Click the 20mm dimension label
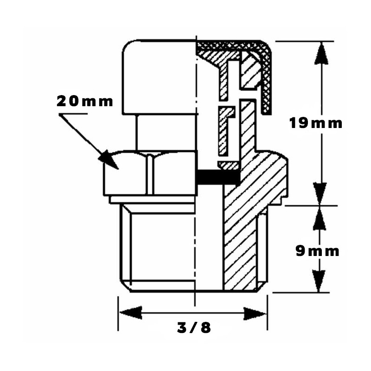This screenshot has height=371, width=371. pos(85,101)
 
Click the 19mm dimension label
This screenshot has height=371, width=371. pos(316,123)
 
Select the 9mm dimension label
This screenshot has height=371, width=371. pos(317,251)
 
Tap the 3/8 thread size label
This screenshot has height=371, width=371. pos(194,328)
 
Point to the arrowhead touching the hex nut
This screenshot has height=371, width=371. pos(109,160)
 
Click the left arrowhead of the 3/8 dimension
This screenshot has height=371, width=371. pos(131,313)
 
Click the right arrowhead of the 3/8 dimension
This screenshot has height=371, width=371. pos(255,313)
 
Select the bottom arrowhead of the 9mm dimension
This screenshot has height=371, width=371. pos(319,281)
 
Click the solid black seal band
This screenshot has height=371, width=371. pos(217,177)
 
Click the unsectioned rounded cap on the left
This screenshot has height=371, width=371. pos(159,77)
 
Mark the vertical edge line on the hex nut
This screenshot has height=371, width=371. pos(149,174)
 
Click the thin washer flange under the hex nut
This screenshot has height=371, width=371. pos(153,199)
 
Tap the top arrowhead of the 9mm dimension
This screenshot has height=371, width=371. pos(319,218)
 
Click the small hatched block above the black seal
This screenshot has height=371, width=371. pos(229,166)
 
